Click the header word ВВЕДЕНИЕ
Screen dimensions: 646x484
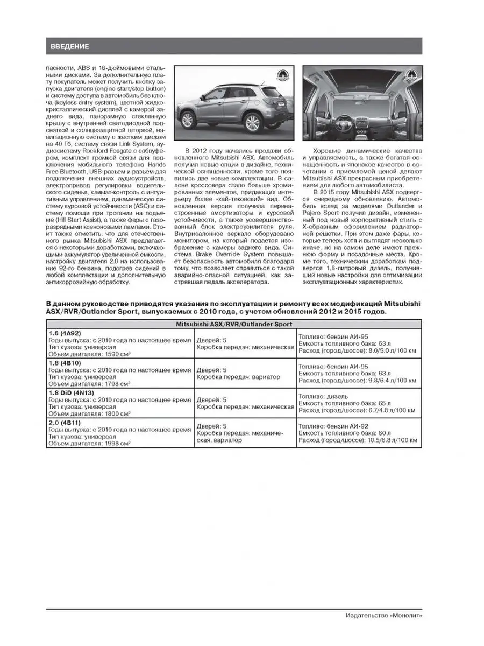click(70, 46)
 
